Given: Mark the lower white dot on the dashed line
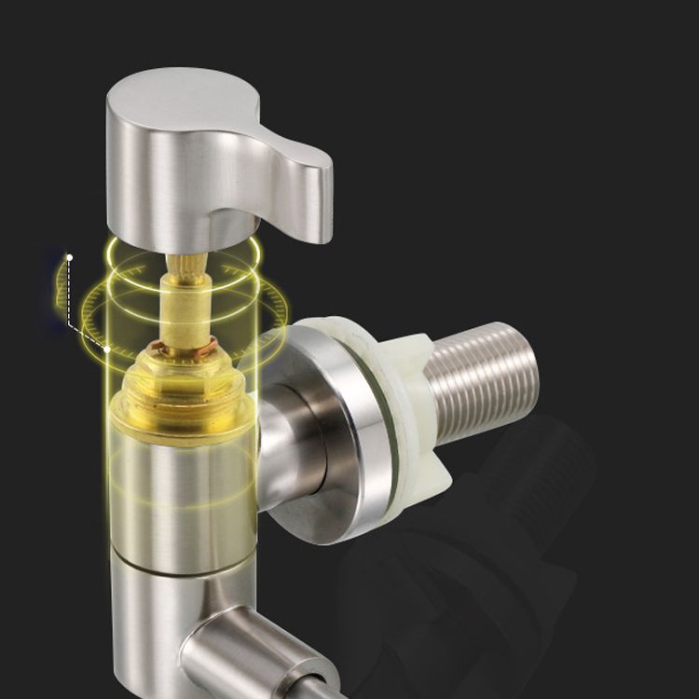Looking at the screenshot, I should tap(108, 349).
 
